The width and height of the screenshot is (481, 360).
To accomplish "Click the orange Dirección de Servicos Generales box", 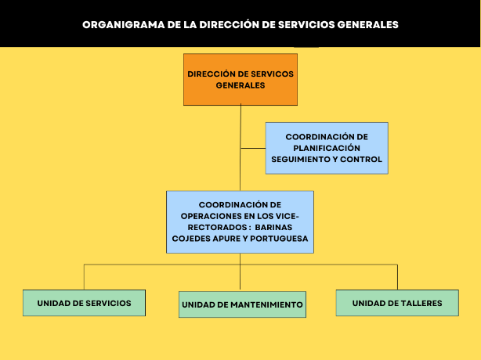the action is [240, 79].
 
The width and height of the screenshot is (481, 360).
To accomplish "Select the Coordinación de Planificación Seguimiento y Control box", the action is [327, 148].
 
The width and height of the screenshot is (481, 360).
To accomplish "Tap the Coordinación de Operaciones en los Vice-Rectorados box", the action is [240, 222].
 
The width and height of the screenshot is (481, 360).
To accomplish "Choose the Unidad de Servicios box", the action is [84, 303].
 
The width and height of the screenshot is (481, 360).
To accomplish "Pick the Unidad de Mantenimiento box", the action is [242, 304].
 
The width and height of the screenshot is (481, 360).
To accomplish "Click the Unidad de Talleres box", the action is [397, 303].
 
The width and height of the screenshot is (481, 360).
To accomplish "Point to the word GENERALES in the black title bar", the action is [368, 25].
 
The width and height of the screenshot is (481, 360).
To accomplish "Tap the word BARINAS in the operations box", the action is [273, 227].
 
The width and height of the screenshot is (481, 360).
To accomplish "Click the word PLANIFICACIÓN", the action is [327, 148].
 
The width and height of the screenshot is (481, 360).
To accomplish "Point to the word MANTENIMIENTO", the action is [266, 305].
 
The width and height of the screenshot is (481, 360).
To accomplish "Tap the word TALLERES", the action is [421, 304].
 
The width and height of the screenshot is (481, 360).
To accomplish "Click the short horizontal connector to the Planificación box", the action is [253, 148].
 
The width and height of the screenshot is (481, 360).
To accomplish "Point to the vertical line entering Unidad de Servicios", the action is [84, 277].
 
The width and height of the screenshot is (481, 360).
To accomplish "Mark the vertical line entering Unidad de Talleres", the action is [397, 277].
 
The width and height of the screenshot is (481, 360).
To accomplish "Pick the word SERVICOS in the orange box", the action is [273, 74].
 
